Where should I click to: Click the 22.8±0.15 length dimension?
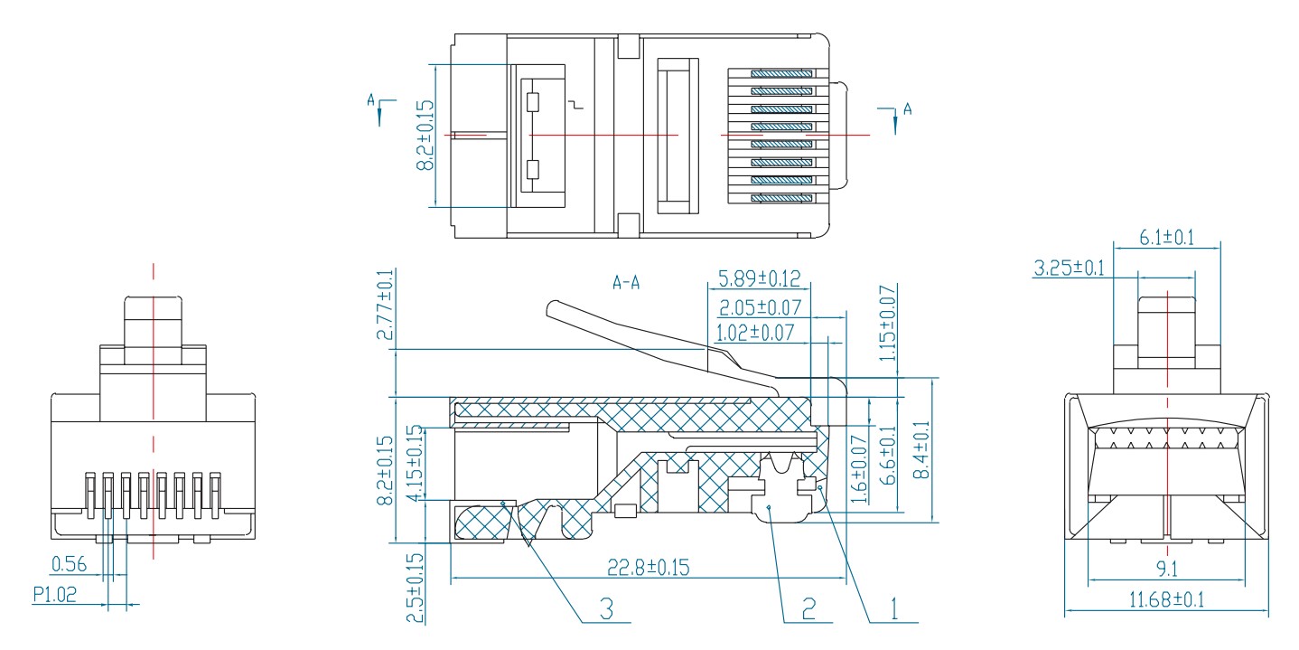pos(649,567)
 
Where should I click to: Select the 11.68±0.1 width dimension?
pos(1166,599)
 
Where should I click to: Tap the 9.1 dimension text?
pos(1167,569)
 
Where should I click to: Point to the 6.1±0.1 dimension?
pos(1167,238)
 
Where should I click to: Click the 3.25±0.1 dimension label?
pos(1070,268)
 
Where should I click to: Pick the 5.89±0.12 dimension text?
pos(759,278)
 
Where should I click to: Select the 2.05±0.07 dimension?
pos(760,307)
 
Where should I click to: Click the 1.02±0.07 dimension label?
pos(755,333)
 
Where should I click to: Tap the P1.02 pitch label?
pos(54,595)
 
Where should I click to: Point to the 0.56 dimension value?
pos(69,564)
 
